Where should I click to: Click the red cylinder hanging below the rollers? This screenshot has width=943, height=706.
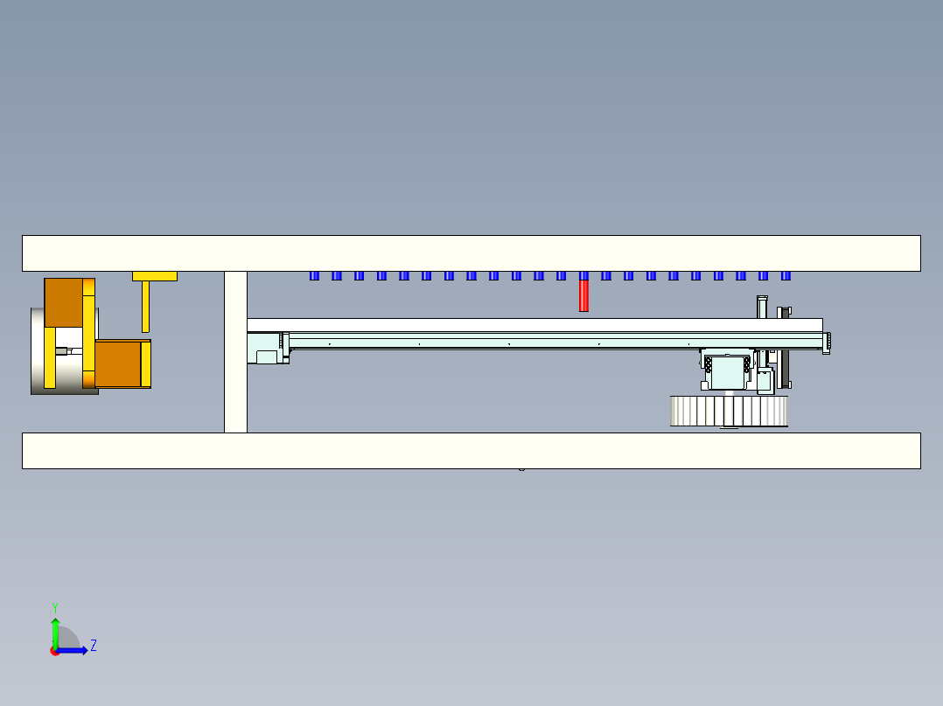(x=583, y=295)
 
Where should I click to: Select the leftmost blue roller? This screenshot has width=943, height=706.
(x=314, y=276)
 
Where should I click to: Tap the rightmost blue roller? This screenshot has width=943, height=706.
(x=786, y=276)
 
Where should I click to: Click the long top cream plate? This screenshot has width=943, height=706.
(x=471, y=253)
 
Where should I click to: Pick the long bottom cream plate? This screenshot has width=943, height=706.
(x=471, y=451)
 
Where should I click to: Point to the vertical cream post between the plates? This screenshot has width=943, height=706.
(x=236, y=352)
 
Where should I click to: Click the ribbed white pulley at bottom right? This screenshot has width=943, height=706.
(x=729, y=411)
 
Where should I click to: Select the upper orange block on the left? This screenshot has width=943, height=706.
(x=64, y=302)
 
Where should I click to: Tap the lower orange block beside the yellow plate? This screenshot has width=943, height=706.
(x=118, y=364)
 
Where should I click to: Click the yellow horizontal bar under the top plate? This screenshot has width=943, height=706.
(x=155, y=276)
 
